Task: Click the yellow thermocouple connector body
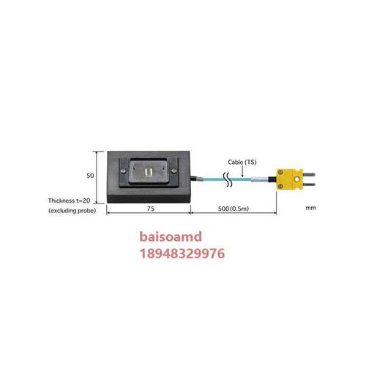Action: tap(290, 179)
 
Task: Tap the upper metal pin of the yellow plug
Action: tap(309, 174)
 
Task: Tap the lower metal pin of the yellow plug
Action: tap(309, 184)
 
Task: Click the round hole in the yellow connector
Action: tap(296, 179)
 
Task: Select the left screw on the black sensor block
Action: tap(124, 171)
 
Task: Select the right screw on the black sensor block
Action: tap(173, 171)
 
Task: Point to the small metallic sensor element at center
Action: tap(148, 172)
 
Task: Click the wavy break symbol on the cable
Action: tap(228, 180)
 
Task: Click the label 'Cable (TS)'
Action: tap(242, 163)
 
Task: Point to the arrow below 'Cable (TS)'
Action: tap(242, 172)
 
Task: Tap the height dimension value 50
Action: tap(90, 176)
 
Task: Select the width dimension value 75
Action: tap(151, 209)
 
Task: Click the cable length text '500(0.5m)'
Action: tap(234, 209)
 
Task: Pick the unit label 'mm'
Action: tap(310, 208)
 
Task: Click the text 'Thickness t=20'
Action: tap(69, 201)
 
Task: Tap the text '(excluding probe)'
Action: tap(72, 211)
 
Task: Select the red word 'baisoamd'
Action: tap(171, 236)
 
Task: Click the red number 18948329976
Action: tap(182, 253)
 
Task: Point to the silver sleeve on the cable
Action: tap(260, 179)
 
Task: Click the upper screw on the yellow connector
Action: tap(280, 173)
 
